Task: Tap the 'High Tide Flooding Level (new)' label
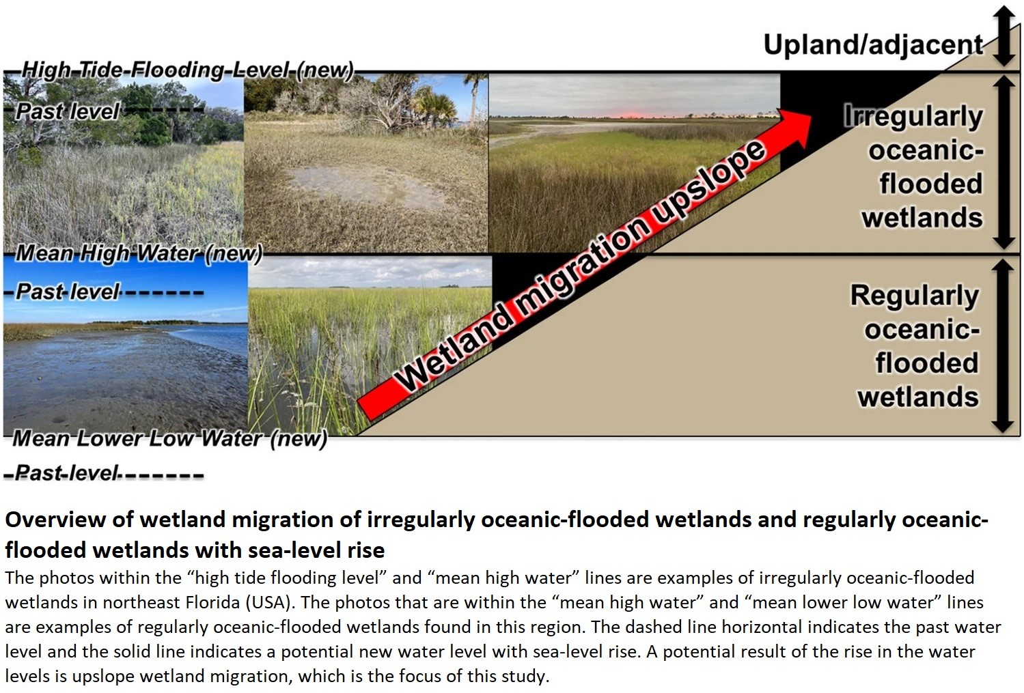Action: (x=187, y=70)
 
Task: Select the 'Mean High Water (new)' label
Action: (x=139, y=253)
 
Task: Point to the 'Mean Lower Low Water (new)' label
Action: (x=169, y=438)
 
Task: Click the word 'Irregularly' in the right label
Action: (x=913, y=117)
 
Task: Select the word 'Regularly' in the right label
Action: (x=914, y=296)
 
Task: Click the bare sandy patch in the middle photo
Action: (x=365, y=183)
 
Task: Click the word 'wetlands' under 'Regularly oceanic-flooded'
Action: (x=918, y=397)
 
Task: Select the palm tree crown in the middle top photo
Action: (x=437, y=104)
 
